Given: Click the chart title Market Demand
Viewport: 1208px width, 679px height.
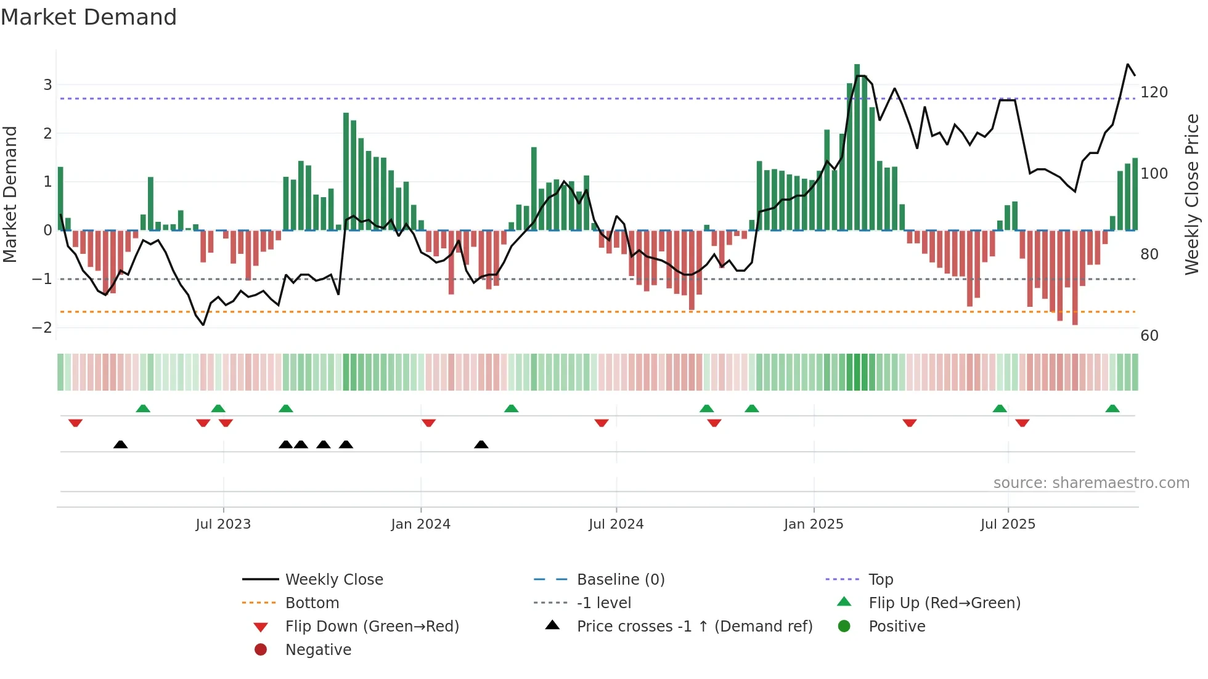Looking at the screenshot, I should pos(89,17).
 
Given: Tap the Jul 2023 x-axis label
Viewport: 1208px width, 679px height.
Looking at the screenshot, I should pos(223,524).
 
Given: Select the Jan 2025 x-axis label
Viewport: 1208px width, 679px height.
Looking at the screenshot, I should pos(814,524).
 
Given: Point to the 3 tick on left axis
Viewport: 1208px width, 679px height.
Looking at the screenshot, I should pos(47,85).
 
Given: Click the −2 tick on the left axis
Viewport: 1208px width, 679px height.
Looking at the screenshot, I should pos(43,328).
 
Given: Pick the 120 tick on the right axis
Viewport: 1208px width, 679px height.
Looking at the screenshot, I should pos(1154,92).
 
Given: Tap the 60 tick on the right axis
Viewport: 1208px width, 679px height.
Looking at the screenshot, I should pos(1149,336).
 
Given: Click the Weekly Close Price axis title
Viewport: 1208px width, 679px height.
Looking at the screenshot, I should pos(1192,194).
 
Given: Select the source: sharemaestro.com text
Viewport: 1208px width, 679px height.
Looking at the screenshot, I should pos(1091,483).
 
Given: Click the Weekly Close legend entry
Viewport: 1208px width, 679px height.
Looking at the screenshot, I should pos(333,580).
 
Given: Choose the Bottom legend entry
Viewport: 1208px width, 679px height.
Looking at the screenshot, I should pos(312,603).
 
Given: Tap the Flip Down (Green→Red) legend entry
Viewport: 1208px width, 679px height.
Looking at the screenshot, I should pos(372,627).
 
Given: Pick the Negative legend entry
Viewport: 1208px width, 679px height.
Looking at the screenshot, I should pos(318,650).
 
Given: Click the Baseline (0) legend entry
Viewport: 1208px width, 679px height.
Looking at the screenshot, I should pos(620,580).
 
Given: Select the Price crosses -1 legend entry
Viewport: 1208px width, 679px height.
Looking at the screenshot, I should pos(694,627).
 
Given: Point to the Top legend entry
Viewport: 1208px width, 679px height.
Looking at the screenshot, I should pos(880,580).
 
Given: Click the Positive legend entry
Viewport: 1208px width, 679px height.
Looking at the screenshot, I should pos(897,627).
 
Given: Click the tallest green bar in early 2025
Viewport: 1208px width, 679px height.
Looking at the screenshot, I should pos(857,148).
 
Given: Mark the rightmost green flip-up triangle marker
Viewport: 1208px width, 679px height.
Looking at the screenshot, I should pos(1112,409).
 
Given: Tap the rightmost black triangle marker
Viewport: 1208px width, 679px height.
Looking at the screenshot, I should pos(481,444).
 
